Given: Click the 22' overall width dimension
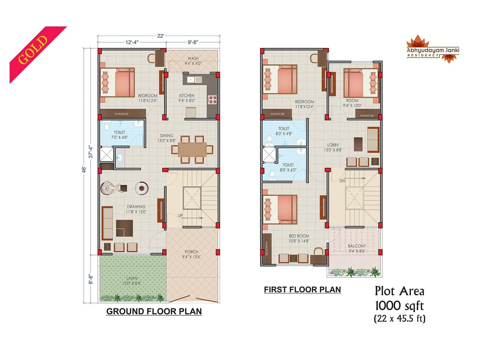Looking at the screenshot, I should (x=160, y=36).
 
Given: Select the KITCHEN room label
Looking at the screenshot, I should (x=187, y=96).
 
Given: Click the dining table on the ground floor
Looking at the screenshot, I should (x=192, y=149).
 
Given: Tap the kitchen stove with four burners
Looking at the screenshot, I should (x=212, y=100).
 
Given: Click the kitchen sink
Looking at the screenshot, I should (x=194, y=80).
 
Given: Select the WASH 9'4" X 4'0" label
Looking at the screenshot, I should (x=193, y=61).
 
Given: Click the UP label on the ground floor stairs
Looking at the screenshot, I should (x=180, y=216).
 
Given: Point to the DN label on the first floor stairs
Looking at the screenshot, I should (x=342, y=181).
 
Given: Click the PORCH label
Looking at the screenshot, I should (x=191, y=252).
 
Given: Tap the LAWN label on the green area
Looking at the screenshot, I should (x=132, y=278).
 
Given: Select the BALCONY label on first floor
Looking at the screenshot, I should (x=357, y=246).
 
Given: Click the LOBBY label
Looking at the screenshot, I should (x=333, y=145).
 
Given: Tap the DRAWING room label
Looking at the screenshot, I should (x=136, y=207).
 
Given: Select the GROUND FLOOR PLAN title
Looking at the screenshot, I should (x=154, y=311).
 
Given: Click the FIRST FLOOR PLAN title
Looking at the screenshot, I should (x=302, y=289).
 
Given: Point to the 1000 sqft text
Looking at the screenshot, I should (x=399, y=306).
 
